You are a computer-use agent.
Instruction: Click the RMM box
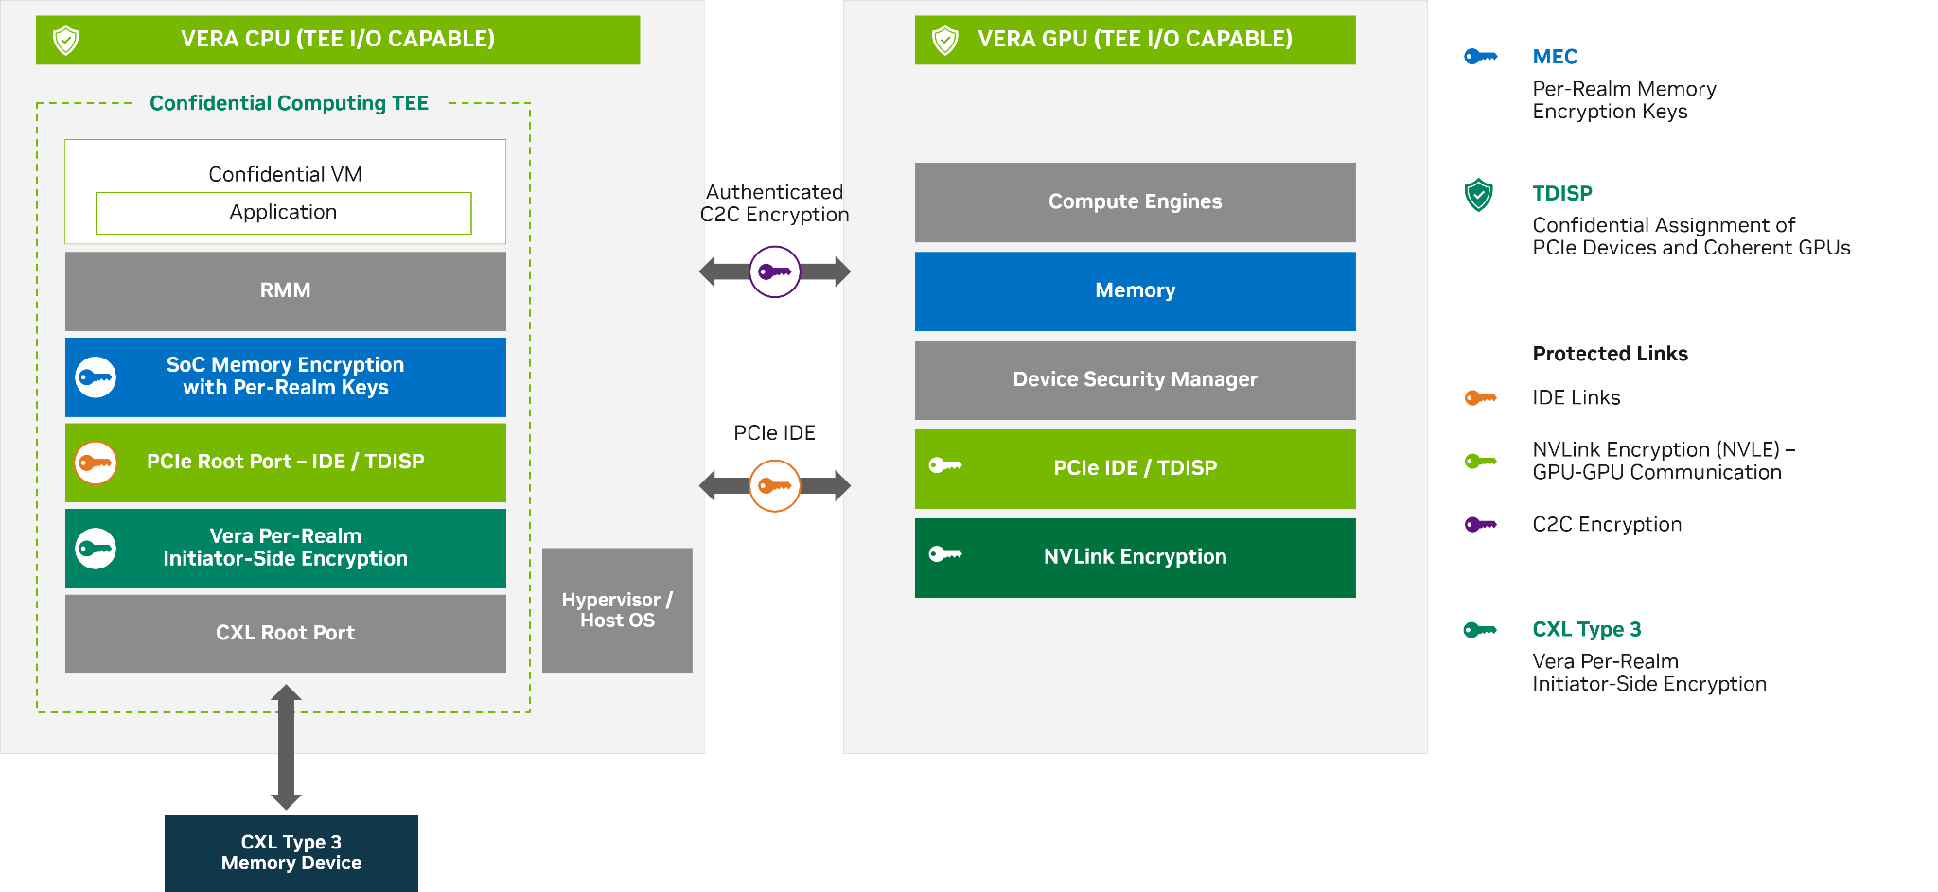285,290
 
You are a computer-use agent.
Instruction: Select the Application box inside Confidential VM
283,213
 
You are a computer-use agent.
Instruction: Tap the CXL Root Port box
285,633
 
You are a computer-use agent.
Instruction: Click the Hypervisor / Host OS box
617,610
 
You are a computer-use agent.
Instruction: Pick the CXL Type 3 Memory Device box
291,853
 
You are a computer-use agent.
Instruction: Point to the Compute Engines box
1135,201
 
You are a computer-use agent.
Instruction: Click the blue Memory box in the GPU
1135,290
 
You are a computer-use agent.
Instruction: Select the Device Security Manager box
1135,379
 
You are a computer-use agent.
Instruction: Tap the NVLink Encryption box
1135,557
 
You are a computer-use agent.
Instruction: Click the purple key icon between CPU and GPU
775,271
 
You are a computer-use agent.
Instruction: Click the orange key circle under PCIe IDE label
775,485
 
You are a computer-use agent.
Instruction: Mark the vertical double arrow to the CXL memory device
286,747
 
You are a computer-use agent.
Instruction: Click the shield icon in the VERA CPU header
65,40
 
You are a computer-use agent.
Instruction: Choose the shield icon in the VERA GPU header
945,40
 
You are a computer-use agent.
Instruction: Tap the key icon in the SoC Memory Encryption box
96,377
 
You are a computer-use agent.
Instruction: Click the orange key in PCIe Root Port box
96,463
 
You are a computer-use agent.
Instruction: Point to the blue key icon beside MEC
1480,57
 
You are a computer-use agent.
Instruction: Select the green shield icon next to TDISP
1478,195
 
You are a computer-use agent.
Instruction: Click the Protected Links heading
1610,354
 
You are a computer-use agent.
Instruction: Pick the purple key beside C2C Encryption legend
1480,524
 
